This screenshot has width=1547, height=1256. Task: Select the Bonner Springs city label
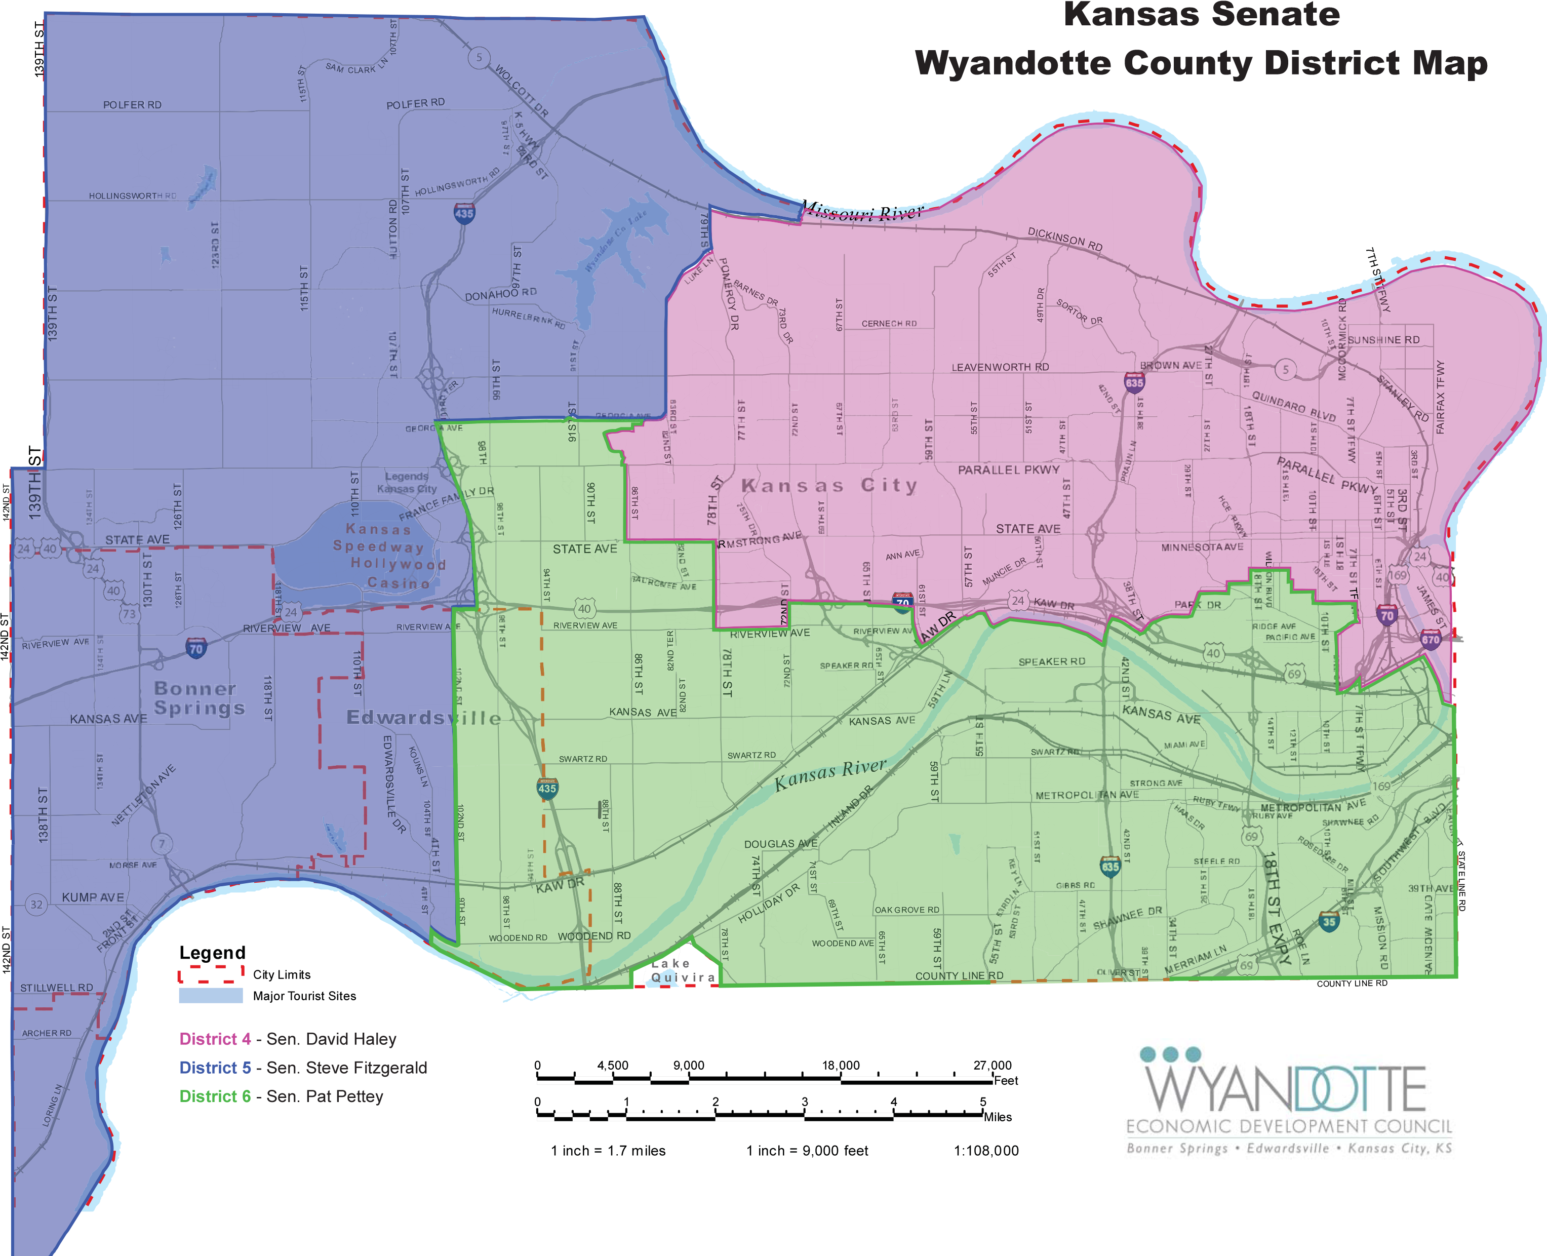[x=199, y=698]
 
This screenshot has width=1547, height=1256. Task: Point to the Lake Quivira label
[x=681, y=971]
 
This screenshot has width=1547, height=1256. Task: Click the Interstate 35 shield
[x=1329, y=921]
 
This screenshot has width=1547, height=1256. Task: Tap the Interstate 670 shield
[x=1430, y=639]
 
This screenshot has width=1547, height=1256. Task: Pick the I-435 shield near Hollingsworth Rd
[x=464, y=213]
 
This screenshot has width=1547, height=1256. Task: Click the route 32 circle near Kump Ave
[x=36, y=905]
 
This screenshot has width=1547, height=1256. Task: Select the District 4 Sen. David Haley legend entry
[x=288, y=1039]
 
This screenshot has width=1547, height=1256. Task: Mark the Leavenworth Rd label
[x=1000, y=367]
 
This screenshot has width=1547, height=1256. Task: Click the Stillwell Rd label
[x=56, y=988]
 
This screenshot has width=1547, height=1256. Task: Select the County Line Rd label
[x=959, y=975]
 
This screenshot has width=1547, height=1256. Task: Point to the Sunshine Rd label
[x=1383, y=339]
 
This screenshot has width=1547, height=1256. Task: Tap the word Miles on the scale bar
[x=998, y=1117]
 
